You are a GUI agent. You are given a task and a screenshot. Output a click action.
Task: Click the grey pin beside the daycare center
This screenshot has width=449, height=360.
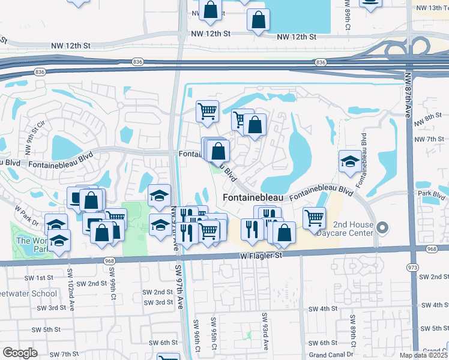pos(385,227)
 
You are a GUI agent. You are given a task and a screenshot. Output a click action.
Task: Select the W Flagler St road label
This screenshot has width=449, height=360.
pos(261,255)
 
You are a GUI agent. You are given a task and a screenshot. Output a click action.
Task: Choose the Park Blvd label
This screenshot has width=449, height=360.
pos(433,195)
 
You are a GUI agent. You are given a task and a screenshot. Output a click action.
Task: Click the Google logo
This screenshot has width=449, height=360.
pos(20,353)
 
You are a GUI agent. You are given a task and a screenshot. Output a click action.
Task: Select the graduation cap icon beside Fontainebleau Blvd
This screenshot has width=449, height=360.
pos(350,161)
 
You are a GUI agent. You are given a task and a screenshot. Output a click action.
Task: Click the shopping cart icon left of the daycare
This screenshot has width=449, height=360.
pos(314,218)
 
